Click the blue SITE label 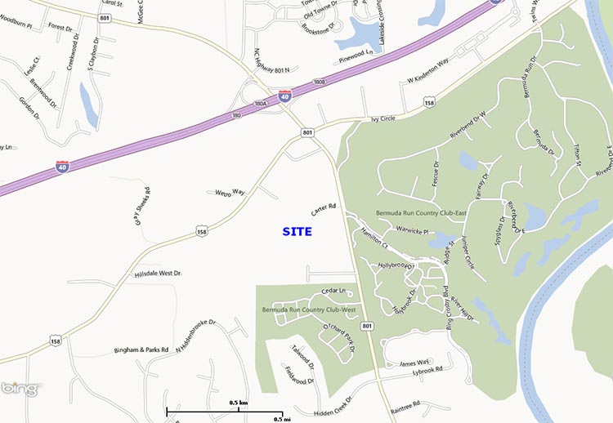coord(298,232)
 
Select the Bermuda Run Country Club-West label coord(309,310)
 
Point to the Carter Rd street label coord(324,210)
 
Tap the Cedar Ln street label coord(335,292)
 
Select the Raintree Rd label coord(405,404)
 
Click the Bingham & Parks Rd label coord(141,350)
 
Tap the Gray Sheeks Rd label coord(145,205)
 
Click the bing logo coord(19,389)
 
